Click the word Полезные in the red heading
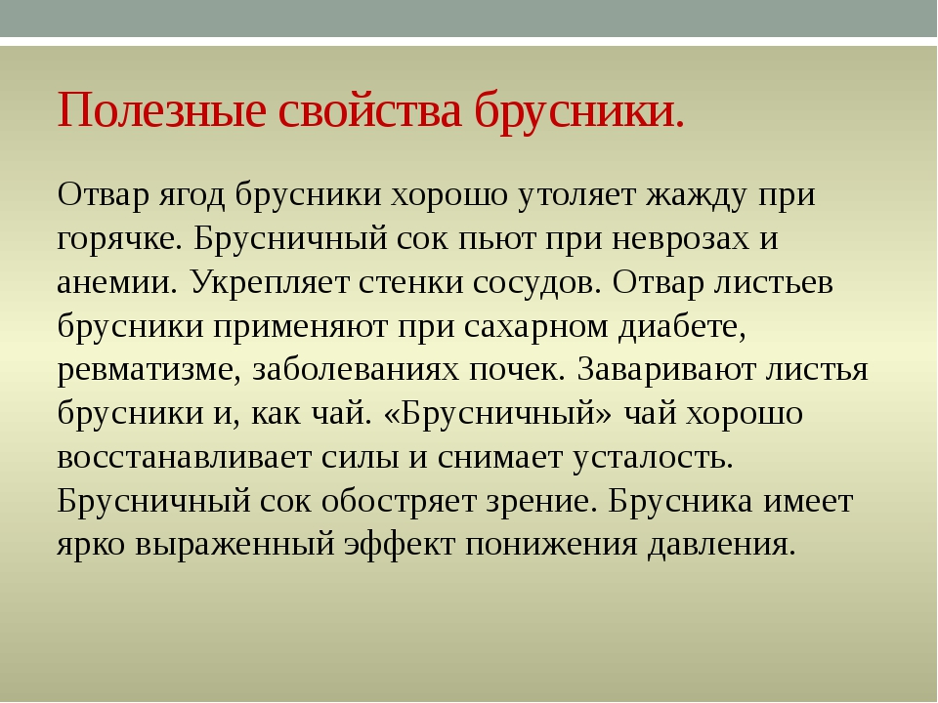click(161, 111)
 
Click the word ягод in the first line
click(192, 196)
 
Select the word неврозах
click(680, 238)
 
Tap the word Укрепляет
click(270, 284)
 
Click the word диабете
click(683, 326)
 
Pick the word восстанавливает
click(183, 458)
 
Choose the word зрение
click(542, 503)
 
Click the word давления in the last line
click(721, 545)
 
